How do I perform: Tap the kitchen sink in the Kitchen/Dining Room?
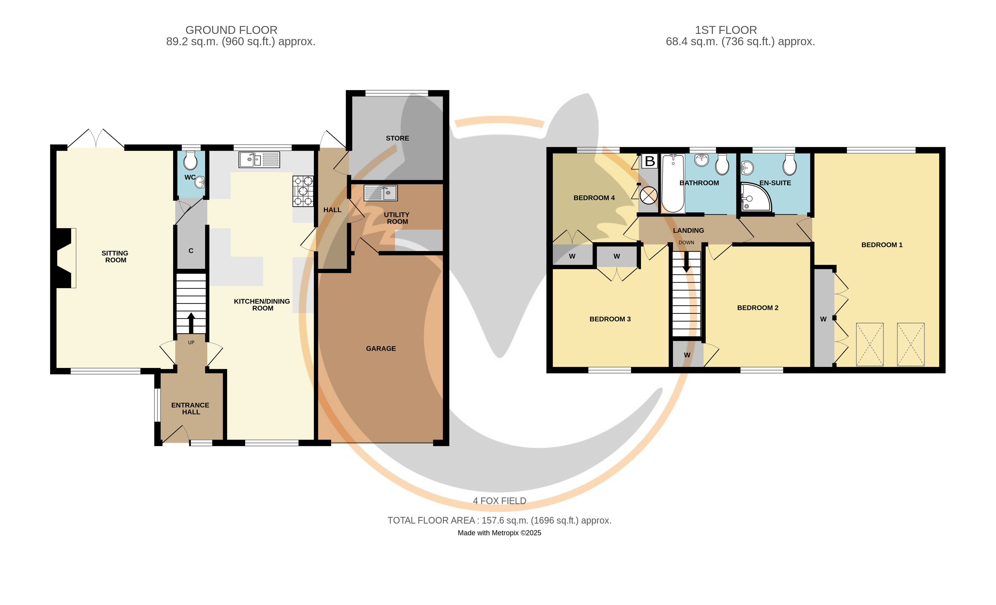coord(259,160)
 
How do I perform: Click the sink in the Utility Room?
coord(381,193)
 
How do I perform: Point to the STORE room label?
coord(397,138)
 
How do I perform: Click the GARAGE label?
coord(381,349)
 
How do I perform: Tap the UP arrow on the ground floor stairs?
coord(191,322)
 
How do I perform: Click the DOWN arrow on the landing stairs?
coord(686,262)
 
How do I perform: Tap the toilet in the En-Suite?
coord(789,164)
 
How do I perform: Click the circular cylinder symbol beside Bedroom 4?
coord(648,196)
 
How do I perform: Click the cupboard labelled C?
coord(191,251)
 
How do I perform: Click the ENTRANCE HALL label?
coord(190,409)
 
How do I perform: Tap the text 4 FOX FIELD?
coord(500,501)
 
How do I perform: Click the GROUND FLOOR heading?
coord(231,30)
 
